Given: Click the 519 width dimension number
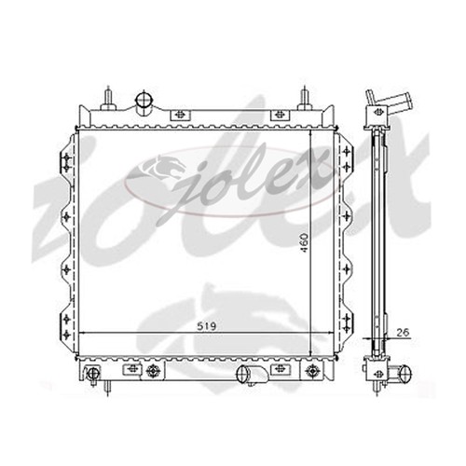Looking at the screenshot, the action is click(x=206, y=326).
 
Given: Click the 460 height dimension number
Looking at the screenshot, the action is click(x=305, y=242).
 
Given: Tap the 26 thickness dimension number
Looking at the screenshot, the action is click(x=404, y=332).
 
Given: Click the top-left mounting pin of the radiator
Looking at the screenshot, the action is click(x=108, y=99).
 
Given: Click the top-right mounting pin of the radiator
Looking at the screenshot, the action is click(x=305, y=99).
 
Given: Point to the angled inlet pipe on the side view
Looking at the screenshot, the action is click(x=389, y=100).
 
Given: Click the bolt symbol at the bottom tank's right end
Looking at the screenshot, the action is click(x=311, y=371).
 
